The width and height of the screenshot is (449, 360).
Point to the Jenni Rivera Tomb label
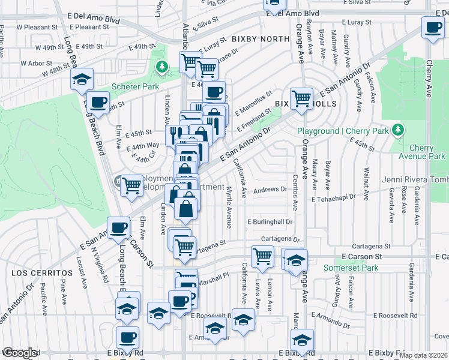(415, 180)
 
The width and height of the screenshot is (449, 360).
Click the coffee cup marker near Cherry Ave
(432, 27)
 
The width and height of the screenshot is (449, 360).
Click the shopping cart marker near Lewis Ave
(262, 256)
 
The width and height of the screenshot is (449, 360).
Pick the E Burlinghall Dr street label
(270, 222)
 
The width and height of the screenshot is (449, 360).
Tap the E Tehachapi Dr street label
(333, 196)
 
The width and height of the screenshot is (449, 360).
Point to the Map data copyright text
(424, 355)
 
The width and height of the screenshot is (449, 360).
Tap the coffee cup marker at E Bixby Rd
(127, 337)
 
